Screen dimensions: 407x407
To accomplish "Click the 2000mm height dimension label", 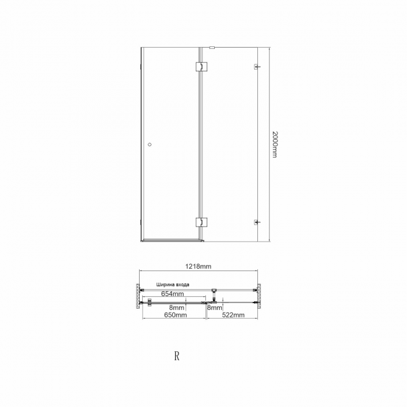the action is [x=275, y=144].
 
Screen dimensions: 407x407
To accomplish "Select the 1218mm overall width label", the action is [x=198, y=266].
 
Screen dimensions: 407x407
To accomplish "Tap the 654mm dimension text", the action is [x=172, y=294].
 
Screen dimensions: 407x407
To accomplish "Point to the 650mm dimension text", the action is [x=175, y=315].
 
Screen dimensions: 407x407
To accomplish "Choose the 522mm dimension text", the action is [x=233, y=315].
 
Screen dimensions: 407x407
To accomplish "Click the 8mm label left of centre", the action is [x=177, y=308].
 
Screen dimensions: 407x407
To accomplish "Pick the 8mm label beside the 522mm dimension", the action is [x=215, y=308].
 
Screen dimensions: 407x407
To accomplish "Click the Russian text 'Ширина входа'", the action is [x=173, y=284].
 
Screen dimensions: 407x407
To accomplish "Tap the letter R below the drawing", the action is [x=177, y=356].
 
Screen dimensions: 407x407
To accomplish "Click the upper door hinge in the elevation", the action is [x=201, y=66].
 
